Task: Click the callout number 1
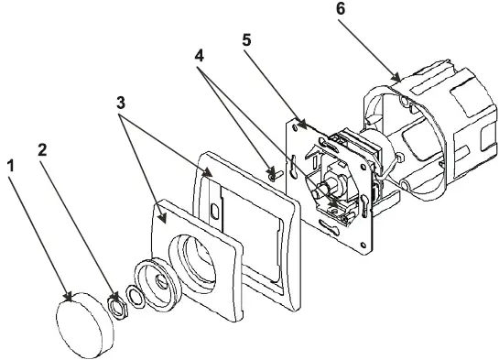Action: pos(11,166)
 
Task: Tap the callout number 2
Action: pos(42,150)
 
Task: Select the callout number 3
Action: pos(121,103)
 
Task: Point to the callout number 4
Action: pos(199,56)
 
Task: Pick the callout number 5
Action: pos(246,40)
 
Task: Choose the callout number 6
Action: pos(341,9)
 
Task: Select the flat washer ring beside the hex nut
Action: pos(136,298)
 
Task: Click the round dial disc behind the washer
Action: pos(157,284)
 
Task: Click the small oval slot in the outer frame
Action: pos(214,212)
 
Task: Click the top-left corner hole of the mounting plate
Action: pos(295,127)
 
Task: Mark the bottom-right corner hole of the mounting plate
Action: pos(363,245)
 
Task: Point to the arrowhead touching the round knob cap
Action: pos(68,296)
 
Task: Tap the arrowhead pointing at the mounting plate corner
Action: pos(301,125)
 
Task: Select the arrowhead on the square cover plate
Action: pos(162,217)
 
